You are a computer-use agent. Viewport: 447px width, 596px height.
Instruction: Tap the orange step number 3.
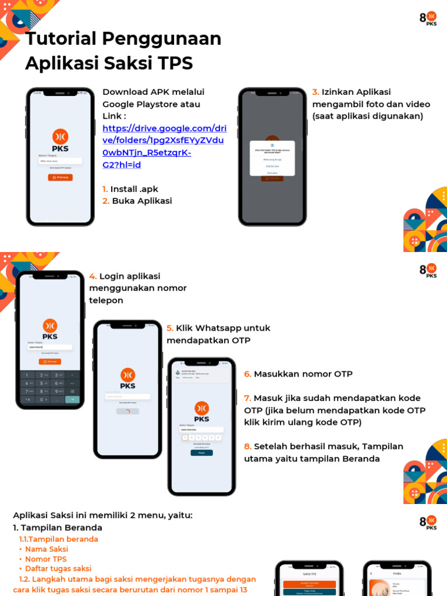click(x=315, y=92)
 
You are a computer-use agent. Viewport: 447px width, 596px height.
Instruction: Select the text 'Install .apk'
click(x=134, y=189)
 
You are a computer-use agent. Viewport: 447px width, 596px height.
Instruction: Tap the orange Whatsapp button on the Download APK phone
click(x=60, y=177)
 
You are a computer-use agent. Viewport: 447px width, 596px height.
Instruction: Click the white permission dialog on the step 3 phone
click(x=272, y=158)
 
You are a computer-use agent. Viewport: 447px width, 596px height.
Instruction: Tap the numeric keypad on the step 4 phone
click(x=50, y=387)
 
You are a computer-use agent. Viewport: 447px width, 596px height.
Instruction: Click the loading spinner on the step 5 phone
click(x=127, y=411)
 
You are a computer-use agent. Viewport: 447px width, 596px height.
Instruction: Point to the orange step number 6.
click(x=247, y=374)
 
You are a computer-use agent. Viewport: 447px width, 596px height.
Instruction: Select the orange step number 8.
click(x=247, y=446)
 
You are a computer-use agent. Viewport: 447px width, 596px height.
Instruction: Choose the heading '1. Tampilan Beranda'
click(x=58, y=528)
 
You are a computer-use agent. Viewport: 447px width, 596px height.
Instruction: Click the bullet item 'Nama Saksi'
click(x=47, y=549)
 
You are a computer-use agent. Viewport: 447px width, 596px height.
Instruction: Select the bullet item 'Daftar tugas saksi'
click(x=58, y=569)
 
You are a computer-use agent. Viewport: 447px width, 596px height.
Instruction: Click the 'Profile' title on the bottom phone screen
click(x=397, y=574)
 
